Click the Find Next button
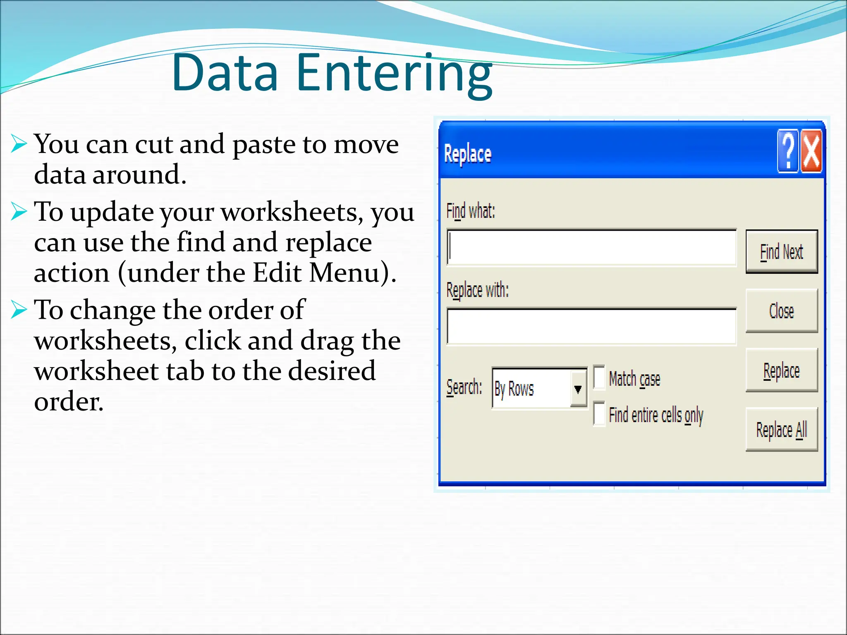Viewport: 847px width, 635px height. pyautogui.click(x=781, y=251)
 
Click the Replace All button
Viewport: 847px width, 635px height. pyautogui.click(x=781, y=430)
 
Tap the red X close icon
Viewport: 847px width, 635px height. pyautogui.click(x=811, y=150)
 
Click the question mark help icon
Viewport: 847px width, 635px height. pyautogui.click(x=788, y=150)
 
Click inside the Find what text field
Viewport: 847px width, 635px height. pyautogui.click(x=591, y=247)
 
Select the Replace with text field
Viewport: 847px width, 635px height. pyautogui.click(x=591, y=326)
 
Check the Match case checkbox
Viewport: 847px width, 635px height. pyautogui.click(x=599, y=377)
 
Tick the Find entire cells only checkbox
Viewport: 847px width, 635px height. pyautogui.click(x=599, y=413)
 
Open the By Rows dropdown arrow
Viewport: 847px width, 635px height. pyautogui.click(x=578, y=389)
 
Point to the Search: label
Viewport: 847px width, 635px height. pyautogui.click(x=464, y=388)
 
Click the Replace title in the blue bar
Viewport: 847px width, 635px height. pyautogui.click(x=467, y=154)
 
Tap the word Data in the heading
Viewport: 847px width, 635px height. pyautogui.click(x=225, y=73)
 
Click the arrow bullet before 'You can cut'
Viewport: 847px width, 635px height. pyautogui.click(x=19, y=144)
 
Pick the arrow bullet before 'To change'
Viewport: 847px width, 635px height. pyautogui.click(x=19, y=309)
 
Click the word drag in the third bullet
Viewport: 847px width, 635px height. pyautogui.click(x=327, y=341)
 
